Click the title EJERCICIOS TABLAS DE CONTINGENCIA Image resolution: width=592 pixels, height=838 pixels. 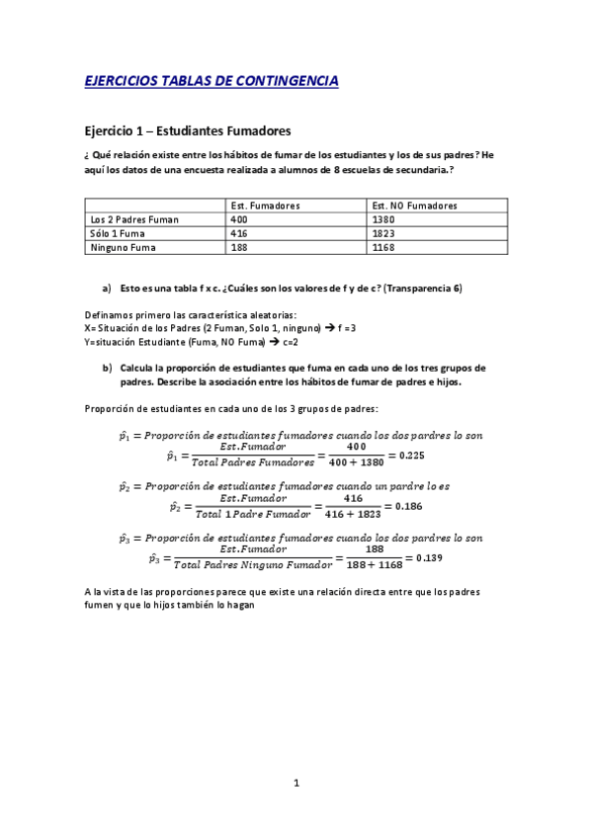(x=211, y=81)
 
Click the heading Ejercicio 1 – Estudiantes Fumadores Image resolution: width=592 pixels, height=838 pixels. (x=188, y=130)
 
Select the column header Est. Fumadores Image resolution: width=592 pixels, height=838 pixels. (x=266, y=206)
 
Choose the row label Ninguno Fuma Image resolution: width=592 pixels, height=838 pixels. (x=119, y=248)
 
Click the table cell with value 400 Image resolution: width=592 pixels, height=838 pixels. (x=239, y=219)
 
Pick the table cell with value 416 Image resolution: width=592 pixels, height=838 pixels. (x=239, y=234)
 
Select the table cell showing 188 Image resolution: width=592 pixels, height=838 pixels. (x=239, y=248)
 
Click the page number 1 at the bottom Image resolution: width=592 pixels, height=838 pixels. (x=296, y=784)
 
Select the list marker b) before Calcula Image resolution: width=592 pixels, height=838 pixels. (x=107, y=367)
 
